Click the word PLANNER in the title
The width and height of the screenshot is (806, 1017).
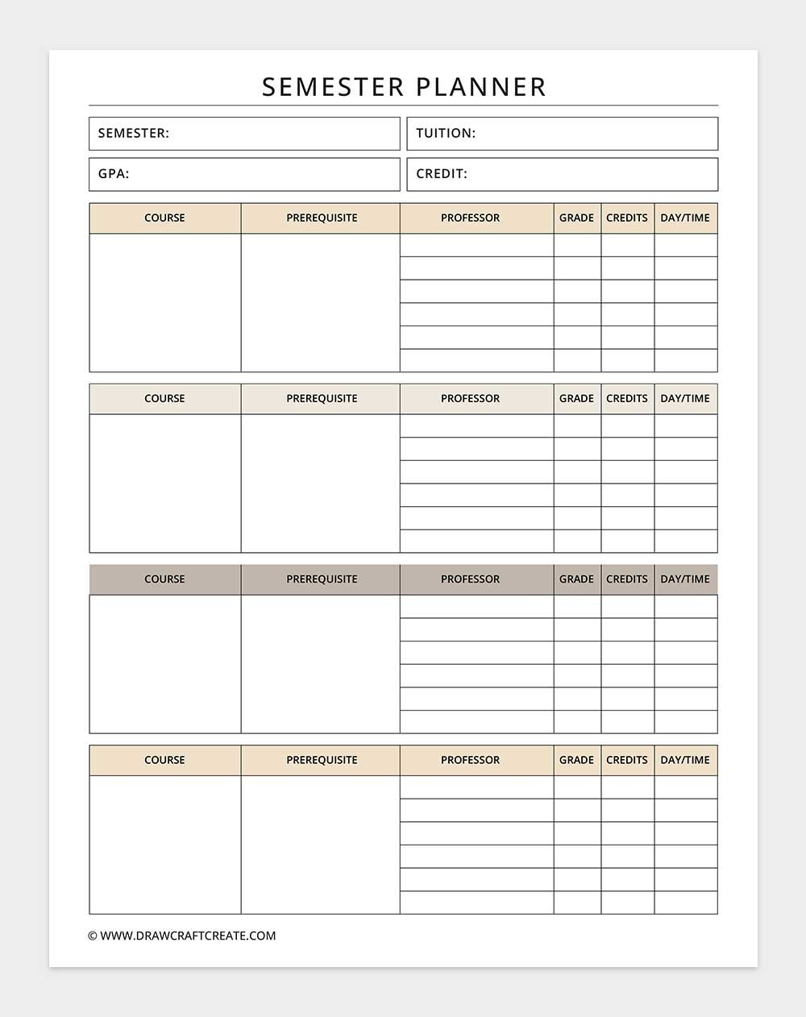[x=481, y=87]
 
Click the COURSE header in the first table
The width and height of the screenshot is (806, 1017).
[x=164, y=218]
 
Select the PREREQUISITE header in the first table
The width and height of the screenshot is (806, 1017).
[x=322, y=218]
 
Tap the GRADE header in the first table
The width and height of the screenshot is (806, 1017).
[x=576, y=218]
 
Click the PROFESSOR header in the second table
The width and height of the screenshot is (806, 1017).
[x=470, y=399]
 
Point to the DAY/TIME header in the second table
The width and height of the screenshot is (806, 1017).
[x=685, y=399]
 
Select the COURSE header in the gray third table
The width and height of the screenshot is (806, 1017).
[x=164, y=579]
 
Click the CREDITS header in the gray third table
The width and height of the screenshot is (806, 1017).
[x=627, y=579]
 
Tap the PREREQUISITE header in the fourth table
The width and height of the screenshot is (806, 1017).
[x=322, y=760]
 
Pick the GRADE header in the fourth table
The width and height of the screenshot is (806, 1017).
[x=576, y=760]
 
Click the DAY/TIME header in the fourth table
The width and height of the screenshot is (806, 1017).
[x=685, y=760]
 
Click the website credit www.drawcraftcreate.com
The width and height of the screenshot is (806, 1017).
[x=182, y=936]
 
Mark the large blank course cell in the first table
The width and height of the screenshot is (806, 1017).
[x=164, y=302]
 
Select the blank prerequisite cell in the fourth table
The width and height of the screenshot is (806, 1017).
[x=320, y=845]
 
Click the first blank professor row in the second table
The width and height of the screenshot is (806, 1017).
[x=476, y=426]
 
